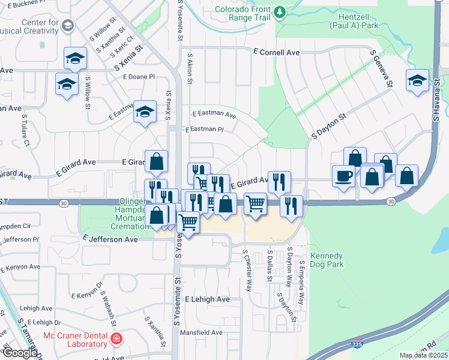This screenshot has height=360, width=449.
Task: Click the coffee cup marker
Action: (x=343, y=176)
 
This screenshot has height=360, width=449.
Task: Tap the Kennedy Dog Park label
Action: (x=327, y=259)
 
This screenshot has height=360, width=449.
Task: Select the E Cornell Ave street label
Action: (x=276, y=53)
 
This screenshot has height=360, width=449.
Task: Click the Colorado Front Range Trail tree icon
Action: (x=279, y=12)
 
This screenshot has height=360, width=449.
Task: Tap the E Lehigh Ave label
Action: (x=207, y=299)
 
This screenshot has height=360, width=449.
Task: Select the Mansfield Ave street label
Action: (x=199, y=332)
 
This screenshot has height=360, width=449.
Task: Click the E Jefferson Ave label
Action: (x=111, y=239)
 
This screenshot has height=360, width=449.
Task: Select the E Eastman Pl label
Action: (x=204, y=129)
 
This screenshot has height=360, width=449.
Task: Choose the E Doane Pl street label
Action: (x=139, y=77)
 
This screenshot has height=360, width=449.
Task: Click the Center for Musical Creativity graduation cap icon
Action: (x=68, y=25)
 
